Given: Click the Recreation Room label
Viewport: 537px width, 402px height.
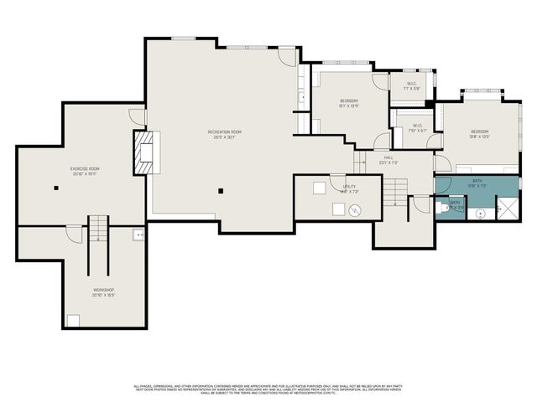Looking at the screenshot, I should [x=225, y=134].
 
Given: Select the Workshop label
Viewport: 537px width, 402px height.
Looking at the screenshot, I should [x=103, y=292].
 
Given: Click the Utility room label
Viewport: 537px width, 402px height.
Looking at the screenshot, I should [x=350, y=189].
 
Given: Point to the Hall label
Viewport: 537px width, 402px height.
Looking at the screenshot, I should [x=389, y=160].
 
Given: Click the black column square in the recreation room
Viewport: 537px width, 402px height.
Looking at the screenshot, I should [x=221, y=191].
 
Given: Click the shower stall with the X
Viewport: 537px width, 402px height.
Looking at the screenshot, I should [x=508, y=207].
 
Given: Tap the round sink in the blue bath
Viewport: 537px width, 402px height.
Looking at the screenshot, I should [x=481, y=214].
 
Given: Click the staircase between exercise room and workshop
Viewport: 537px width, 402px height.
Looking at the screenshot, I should [x=99, y=229].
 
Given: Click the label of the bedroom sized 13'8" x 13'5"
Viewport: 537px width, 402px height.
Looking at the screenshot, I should [x=479, y=134].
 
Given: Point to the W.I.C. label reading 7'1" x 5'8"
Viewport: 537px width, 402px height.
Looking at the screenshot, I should [x=411, y=86].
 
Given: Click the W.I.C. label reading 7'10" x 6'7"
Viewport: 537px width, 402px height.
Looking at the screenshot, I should [x=417, y=129].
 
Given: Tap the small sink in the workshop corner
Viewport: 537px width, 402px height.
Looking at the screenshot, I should [x=138, y=235].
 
